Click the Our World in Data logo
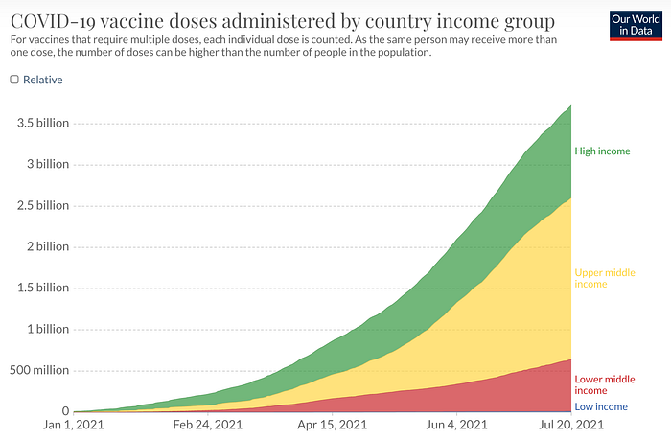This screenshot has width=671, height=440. [x=636, y=26]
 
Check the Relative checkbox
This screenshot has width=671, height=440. [x=14, y=80]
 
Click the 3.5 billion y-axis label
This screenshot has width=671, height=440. [x=43, y=123]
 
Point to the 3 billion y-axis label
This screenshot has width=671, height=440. [x=48, y=164]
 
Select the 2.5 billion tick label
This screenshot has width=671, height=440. [x=43, y=205]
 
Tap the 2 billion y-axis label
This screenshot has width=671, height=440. [x=48, y=246]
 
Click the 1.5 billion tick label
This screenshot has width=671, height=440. [x=43, y=288]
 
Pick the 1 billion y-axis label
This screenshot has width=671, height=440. [x=48, y=329]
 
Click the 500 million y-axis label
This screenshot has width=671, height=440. [x=39, y=370]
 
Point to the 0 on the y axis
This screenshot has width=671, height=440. [x=65, y=411]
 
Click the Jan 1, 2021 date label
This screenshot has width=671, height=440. [x=73, y=425]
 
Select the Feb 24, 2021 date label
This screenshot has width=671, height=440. [x=208, y=425]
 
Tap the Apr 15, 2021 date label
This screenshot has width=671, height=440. [x=332, y=425]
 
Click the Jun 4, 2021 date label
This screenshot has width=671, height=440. [x=456, y=425]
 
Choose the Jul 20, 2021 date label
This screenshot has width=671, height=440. [x=571, y=425]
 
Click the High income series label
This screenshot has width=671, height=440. [x=602, y=151]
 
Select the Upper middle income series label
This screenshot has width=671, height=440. [x=605, y=278]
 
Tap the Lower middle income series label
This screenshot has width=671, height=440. [x=605, y=384]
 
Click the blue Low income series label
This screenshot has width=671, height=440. [x=601, y=406]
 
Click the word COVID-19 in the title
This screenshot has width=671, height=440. [x=52, y=21]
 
